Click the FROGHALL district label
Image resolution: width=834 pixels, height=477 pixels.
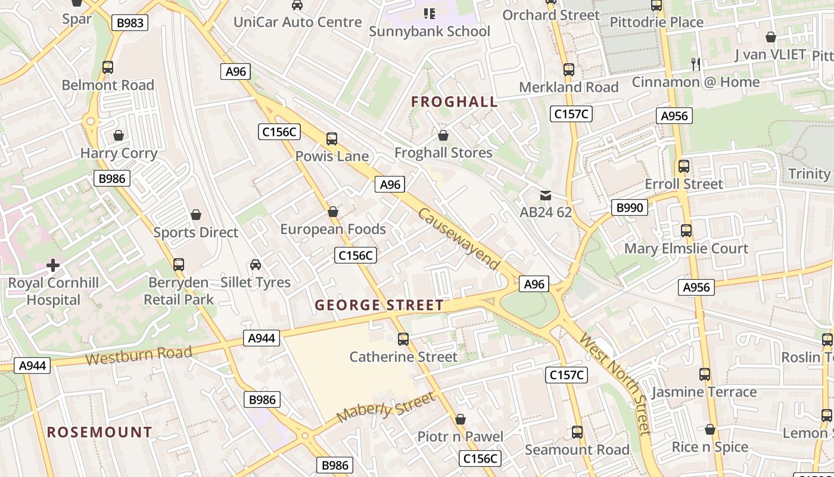click(455, 102)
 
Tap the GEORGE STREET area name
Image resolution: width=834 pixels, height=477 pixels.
click(379, 305)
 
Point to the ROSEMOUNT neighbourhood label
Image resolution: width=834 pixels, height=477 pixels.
click(99, 432)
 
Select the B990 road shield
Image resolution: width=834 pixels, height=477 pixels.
click(629, 207)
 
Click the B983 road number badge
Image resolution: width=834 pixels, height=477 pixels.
click(129, 23)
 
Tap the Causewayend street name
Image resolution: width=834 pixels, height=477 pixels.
click(458, 238)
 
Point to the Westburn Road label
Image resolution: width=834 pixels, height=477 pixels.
click(139, 355)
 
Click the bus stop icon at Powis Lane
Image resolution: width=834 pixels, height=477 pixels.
click(332, 139)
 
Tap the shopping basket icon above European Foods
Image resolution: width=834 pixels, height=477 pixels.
click(333, 212)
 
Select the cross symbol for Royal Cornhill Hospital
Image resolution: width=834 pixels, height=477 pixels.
click(53, 265)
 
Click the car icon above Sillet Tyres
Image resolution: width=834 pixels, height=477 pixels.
click(256, 264)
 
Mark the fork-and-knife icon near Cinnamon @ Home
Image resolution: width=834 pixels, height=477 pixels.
click(695, 64)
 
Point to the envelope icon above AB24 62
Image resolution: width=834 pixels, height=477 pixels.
click(545, 195)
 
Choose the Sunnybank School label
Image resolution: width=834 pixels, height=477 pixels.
click(430, 31)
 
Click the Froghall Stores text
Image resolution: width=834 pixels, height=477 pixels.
click(443, 153)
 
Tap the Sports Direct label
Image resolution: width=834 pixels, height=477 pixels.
click(196, 233)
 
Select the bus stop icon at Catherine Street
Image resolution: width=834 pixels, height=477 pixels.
click(403, 339)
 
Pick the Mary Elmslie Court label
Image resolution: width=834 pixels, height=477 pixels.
click(686, 249)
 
